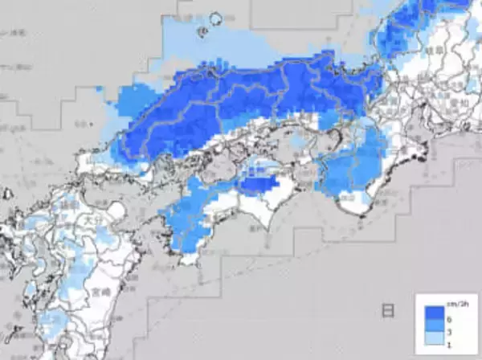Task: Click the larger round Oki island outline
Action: [214, 20]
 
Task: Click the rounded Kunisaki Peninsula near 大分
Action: [114, 211]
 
